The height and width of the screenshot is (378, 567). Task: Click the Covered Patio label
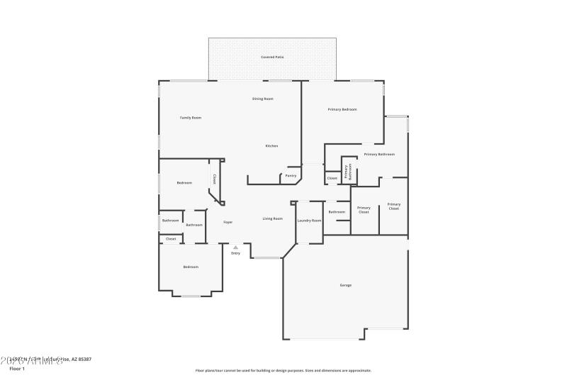[x=272, y=57]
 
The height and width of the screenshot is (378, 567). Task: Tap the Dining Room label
[x=263, y=99]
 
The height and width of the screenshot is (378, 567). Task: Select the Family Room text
[x=191, y=118]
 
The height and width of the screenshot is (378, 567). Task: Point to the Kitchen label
[x=271, y=146]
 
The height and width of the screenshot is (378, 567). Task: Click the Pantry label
[x=291, y=176]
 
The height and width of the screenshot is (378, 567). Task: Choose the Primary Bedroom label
[x=342, y=109]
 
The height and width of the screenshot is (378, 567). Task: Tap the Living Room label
[x=273, y=218]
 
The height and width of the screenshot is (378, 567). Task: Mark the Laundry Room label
[x=309, y=221]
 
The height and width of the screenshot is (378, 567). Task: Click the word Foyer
[x=228, y=223]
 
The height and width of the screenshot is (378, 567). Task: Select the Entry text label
[x=235, y=253]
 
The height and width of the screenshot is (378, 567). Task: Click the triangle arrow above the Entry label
[x=235, y=247]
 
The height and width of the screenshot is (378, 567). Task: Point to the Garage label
[x=345, y=285]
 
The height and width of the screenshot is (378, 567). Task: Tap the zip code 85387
[x=84, y=360]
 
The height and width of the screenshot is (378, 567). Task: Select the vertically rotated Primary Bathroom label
[x=348, y=170]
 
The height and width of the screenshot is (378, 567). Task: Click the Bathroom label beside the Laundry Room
[x=337, y=212]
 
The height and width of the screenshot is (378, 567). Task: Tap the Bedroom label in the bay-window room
[x=191, y=267]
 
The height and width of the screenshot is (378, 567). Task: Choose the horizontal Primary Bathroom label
[x=379, y=155]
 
